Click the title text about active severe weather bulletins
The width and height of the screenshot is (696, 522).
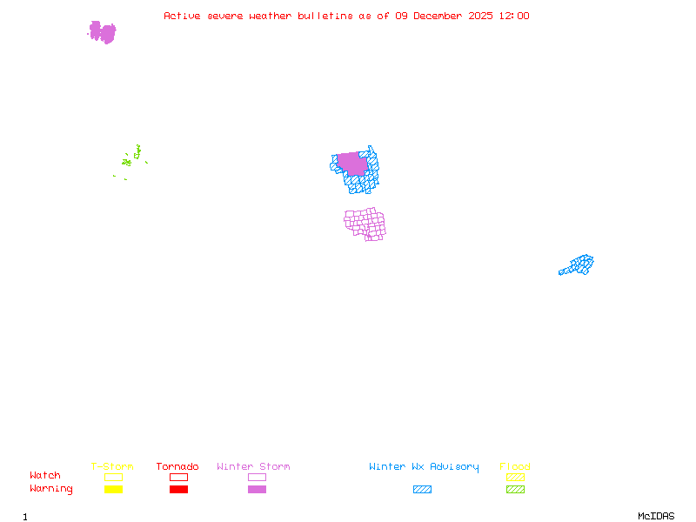coord(346,16)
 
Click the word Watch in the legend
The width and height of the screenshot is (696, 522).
coord(45,476)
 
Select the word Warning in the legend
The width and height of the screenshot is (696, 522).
coord(51,489)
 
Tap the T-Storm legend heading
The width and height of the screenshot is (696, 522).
coord(112,466)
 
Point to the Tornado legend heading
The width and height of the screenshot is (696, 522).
coord(177,466)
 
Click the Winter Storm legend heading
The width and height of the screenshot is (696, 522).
coord(253,466)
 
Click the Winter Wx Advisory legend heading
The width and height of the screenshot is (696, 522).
coord(424,466)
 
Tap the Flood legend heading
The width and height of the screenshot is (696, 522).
coord(515,466)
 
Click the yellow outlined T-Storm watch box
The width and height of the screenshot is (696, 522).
coord(113,477)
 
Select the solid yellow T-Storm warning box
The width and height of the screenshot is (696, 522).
coord(113,489)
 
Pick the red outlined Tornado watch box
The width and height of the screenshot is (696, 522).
coord(178,477)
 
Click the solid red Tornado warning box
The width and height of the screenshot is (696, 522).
coord(178,489)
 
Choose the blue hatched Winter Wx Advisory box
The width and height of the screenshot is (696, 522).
coord(422,489)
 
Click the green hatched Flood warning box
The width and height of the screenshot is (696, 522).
coord(515,489)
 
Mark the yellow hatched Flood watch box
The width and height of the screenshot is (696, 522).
coord(515,477)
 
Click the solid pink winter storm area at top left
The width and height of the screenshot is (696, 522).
coord(102,32)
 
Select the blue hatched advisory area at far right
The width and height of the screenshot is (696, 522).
coord(579,264)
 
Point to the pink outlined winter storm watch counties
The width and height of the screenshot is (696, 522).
coord(365,224)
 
